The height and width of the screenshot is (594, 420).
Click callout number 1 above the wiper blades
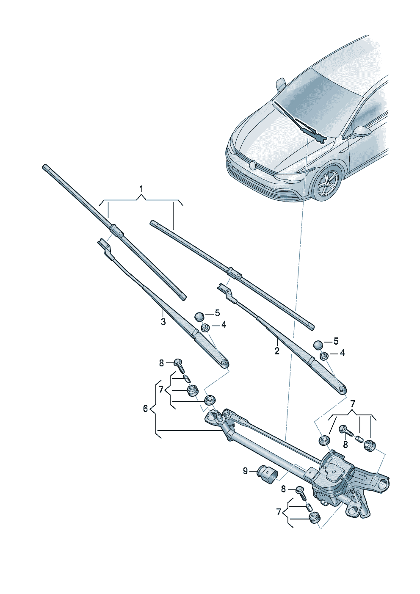tap(141, 188)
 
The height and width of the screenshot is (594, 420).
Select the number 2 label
tap(277, 351)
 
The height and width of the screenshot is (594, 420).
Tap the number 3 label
tap(163, 322)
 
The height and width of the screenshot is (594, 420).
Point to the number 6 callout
tap(145, 409)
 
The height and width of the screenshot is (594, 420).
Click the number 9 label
tap(245, 471)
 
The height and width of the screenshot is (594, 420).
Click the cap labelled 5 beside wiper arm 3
tap(199, 316)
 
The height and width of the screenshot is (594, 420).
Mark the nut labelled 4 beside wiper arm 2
tap(323, 355)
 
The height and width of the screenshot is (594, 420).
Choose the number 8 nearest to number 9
tap(284, 489)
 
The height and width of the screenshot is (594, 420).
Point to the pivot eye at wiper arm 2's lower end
tap(341, 389)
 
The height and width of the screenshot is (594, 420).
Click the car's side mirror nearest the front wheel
tap(361, 131)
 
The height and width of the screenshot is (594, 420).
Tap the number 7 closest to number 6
tap(161, 389)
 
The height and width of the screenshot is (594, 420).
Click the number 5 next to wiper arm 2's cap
tap(336, 341)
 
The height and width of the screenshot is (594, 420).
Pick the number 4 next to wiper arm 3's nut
tap(224, 325)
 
